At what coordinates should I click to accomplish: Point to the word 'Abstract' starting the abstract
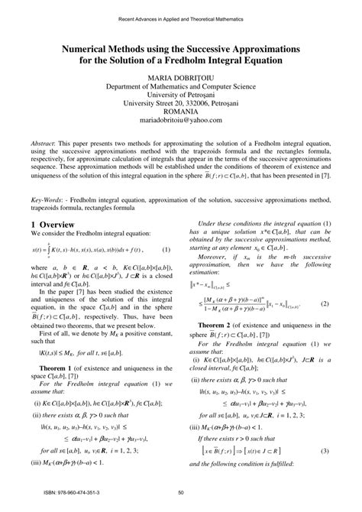coord(45,143)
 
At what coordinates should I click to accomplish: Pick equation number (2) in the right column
coord(324,303)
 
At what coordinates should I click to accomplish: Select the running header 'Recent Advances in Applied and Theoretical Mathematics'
coord(181,19)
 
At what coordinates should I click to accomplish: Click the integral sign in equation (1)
coord(47,250)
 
